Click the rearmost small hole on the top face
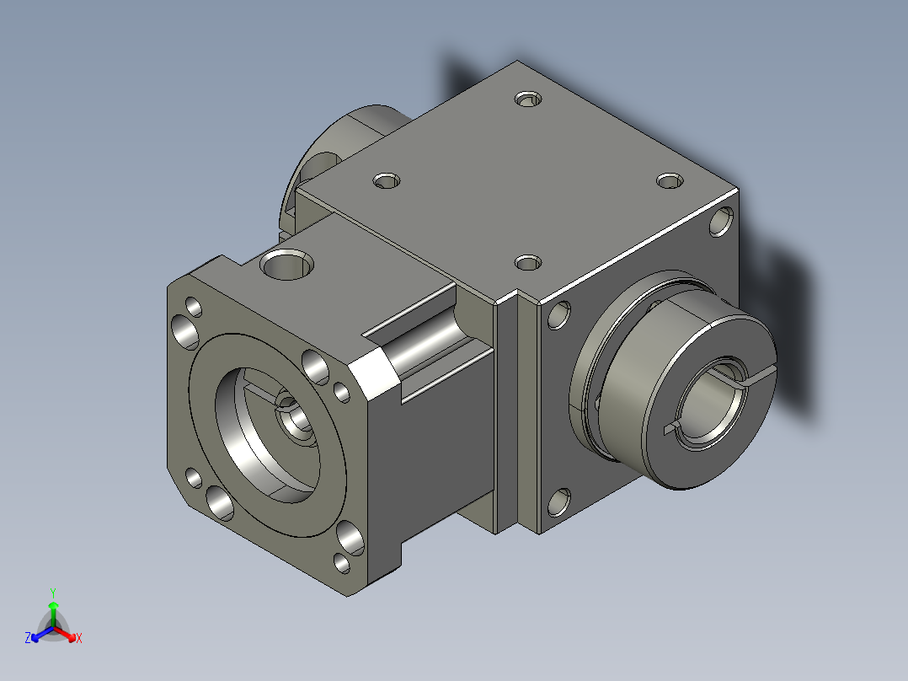tap(528, 99)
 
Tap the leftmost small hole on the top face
tap(387, 180)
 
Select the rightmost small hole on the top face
tap(668, 181)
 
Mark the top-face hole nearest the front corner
tap(527, 263)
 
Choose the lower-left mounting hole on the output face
tap(557, 502)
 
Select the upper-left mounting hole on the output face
tap(557, 314)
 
